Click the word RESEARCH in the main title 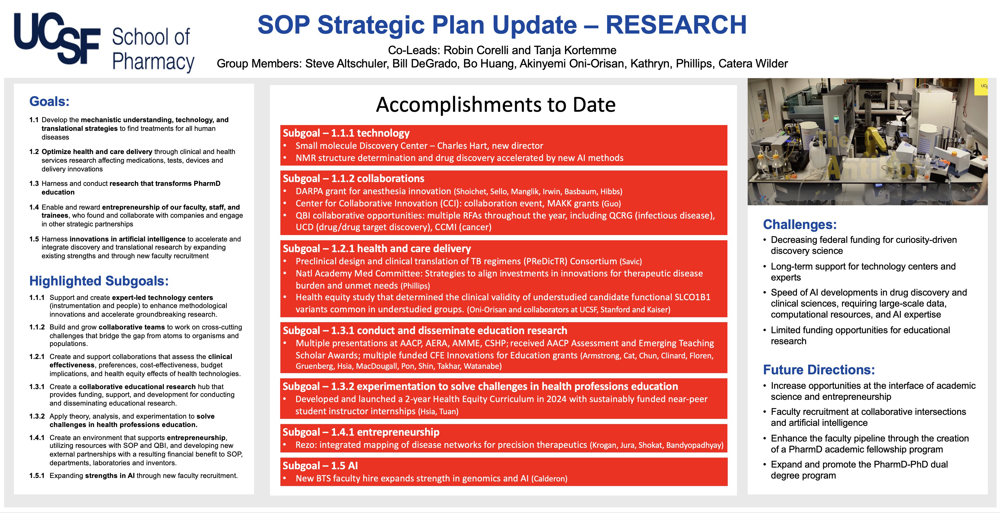coord(676,25)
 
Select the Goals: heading coord(49,101)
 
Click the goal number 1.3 coord(34,183)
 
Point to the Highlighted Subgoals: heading coord(99,281)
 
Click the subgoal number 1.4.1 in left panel coord(37,438)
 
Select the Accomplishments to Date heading coord(496,105)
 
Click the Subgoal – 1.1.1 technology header coord(346,133)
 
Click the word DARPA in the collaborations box coord(309,191)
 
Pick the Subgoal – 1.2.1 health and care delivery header coord(376,249)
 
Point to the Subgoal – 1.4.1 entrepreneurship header coord(361,432)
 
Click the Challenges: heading coord(800,224)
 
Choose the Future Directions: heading coord(819,370)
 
